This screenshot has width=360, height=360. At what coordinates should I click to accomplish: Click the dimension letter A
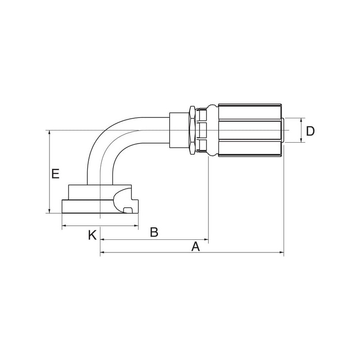point(196,247)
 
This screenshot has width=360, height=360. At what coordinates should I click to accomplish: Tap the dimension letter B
point(154,232)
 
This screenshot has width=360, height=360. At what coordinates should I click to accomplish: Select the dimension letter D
point(310,131)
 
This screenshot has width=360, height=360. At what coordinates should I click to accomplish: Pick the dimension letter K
point(92,235)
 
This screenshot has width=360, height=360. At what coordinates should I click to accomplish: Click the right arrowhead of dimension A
point(282,252)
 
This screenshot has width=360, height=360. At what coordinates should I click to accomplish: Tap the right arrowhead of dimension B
point(206,239)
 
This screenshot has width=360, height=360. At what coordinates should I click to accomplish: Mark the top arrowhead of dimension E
point(49,133)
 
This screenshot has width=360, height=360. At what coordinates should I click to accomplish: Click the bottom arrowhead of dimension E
point(49,211)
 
